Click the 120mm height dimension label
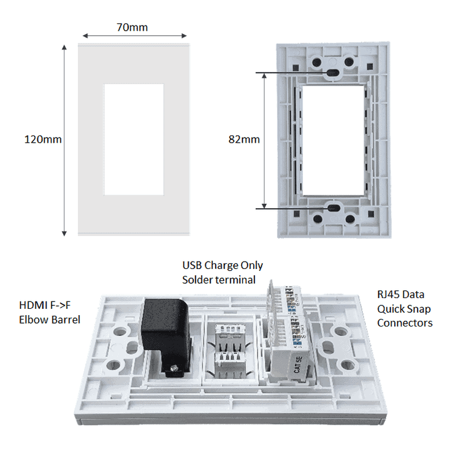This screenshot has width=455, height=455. (x=43, y=139)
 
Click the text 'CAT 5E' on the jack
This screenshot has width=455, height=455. (x=297, y=364)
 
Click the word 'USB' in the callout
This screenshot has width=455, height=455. (x=192, y=266)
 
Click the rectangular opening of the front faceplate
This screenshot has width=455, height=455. (x=134, y=139)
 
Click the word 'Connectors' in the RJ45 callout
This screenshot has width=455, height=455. (x=404, y=322)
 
